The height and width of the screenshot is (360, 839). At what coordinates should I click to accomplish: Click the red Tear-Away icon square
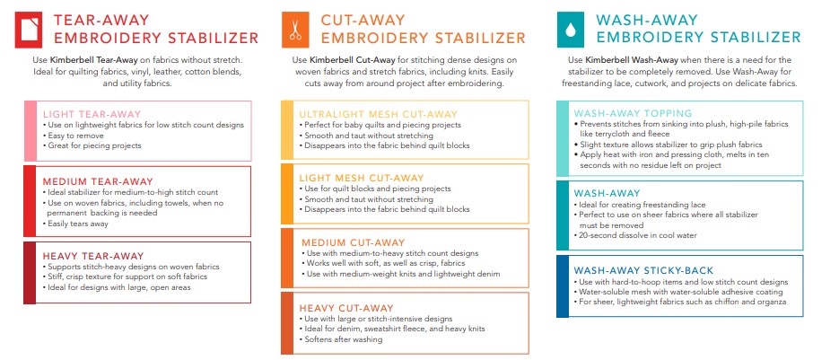coord(30,29)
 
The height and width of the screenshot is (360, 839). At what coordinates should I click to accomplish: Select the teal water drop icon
coord(569,29)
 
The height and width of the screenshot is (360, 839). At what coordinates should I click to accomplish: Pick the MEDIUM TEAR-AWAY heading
coord(98,180)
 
